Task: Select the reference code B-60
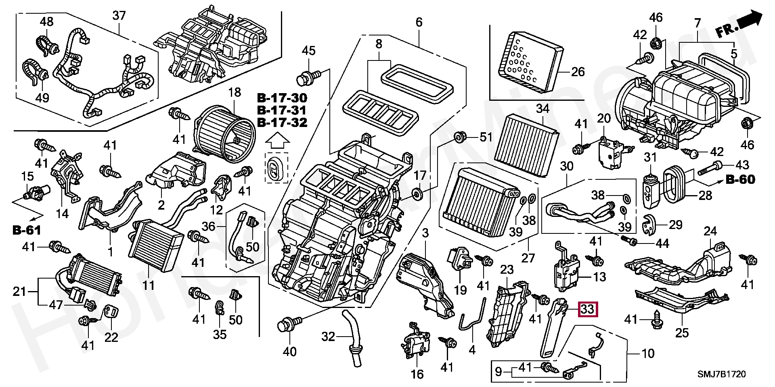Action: (x=740, y=180)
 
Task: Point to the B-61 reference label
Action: (x=27, y=230)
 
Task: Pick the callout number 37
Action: (x=119, y=16)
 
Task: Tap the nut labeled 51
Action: (x=459, y=137)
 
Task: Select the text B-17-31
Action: (x=281, y=110)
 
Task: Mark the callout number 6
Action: (x=419, y=23)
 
